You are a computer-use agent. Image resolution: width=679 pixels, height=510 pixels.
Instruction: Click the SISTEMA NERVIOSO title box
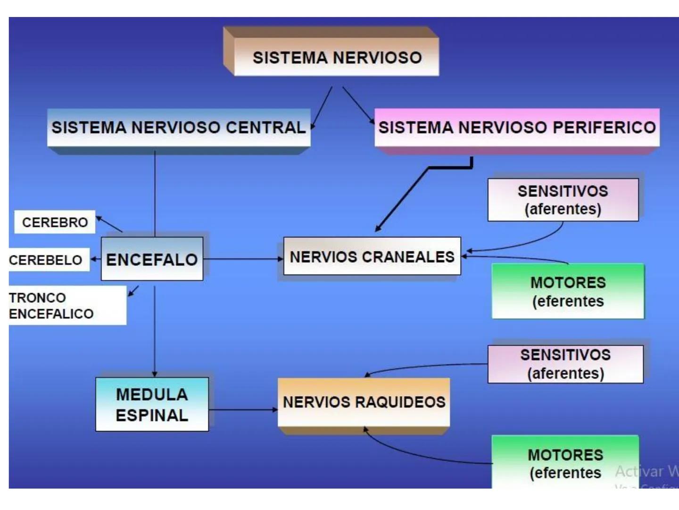(336, 58)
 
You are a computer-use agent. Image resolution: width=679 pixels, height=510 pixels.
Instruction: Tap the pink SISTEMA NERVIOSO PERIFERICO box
(517, 127)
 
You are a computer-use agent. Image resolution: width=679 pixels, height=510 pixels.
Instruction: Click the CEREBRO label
(55, 222)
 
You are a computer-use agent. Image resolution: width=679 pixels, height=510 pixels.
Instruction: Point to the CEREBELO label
(46, 260)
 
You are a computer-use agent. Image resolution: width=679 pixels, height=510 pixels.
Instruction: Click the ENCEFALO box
(152, 259)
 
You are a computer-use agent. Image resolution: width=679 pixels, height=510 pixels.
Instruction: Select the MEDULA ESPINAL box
(152, 404)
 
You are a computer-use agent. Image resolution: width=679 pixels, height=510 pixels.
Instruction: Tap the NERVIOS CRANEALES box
(372, 256)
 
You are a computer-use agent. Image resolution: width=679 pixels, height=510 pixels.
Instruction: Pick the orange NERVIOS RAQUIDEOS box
(364, 402)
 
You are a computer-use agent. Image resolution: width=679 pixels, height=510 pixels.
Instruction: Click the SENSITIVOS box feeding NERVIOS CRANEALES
(563, 200)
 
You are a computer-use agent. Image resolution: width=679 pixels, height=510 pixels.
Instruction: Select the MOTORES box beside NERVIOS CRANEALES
(568, 291)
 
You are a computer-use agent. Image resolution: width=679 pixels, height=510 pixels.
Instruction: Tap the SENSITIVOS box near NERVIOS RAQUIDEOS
(565, 364)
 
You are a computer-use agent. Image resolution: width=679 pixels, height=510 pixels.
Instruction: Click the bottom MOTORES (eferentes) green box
(565, 463)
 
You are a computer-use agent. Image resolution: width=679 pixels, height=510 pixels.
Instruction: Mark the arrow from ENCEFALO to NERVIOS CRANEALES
(243, 259)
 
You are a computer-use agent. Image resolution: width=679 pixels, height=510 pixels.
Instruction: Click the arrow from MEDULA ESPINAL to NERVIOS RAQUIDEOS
(243, 409)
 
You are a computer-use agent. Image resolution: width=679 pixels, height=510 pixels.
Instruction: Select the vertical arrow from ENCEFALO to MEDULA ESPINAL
(155, 331)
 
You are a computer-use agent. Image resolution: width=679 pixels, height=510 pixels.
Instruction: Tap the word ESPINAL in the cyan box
(152, 416)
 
